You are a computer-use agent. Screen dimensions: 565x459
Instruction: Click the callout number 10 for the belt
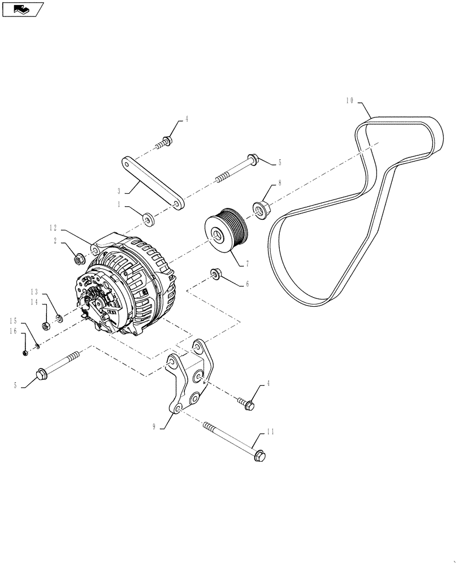pos(349,101)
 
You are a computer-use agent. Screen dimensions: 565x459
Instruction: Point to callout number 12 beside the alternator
pos(53,228)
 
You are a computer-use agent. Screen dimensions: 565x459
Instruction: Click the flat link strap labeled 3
pos(151,182)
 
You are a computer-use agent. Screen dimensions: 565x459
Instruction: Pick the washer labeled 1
pos(148,218)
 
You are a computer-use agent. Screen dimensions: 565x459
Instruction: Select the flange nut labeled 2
pos(80,259)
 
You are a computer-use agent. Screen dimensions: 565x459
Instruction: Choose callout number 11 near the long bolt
pos(270,432)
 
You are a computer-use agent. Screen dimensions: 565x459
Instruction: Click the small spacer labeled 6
pos(215,274)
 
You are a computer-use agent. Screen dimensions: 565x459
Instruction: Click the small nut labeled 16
pos(25,353)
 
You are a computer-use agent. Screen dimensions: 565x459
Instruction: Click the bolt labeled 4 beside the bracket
pos(248,405)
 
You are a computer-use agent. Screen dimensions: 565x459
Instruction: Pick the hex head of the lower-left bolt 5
pos(42,373)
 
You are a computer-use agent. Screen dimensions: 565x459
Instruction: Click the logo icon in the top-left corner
pos(22,8)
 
